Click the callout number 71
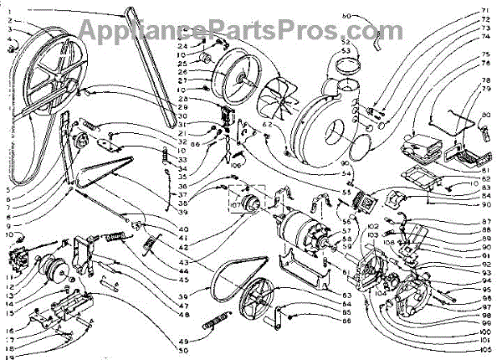pyautogui.click(x=484, y=10)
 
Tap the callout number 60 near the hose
pyautogui.click(x=349, y=16)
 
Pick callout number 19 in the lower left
pyautogui.click(x=9, y=355)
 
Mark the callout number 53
pyautogui.click(x=345, y=51)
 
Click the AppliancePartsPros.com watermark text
pyautogui.click(x=250, y=31)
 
